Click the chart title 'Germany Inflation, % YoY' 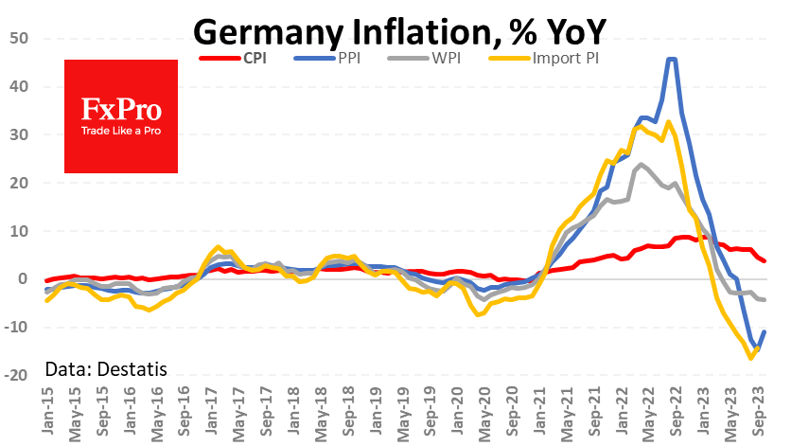395,31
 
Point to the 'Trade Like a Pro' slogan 120,130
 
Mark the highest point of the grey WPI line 642,165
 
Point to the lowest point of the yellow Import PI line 751,358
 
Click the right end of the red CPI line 765,260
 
